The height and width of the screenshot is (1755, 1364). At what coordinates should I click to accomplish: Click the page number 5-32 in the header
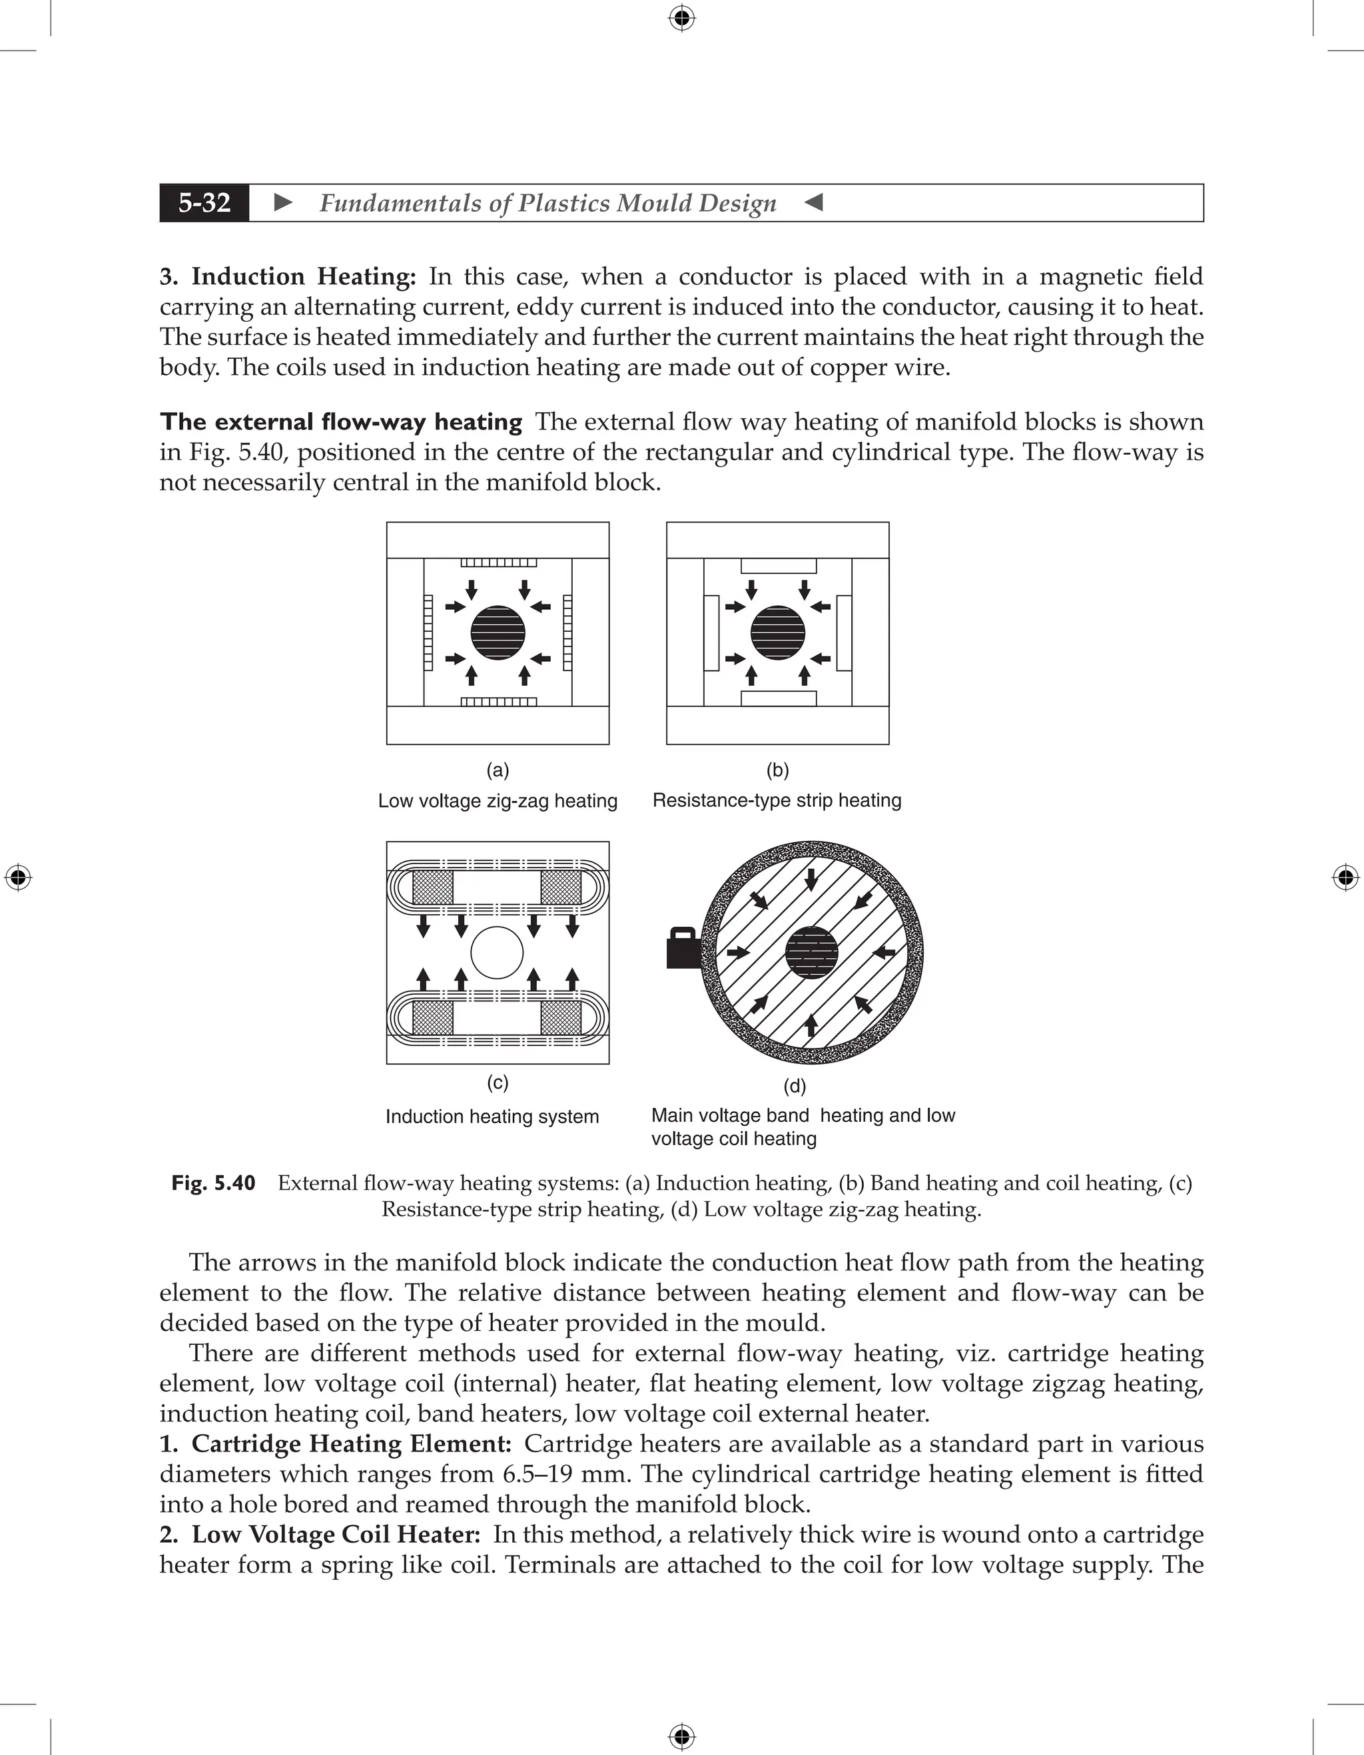204,202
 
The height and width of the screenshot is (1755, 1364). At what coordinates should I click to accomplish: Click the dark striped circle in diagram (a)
498,632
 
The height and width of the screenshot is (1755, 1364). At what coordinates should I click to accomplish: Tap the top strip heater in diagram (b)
778,565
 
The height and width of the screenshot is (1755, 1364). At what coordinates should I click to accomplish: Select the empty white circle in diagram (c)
497,952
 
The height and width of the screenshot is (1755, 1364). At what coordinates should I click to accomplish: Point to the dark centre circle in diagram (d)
811,952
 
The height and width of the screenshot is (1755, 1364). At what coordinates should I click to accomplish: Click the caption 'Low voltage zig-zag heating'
498,800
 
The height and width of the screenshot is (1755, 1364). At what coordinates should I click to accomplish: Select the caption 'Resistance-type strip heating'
777,800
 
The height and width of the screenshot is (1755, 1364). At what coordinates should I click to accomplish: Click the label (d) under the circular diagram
794,1087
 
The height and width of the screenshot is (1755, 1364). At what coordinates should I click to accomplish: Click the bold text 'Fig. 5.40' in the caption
213,1183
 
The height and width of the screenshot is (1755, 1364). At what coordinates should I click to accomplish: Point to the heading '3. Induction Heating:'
288,276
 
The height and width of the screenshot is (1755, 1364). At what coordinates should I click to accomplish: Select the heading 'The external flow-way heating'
341,422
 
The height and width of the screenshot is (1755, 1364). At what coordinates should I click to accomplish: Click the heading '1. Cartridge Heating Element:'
335,1443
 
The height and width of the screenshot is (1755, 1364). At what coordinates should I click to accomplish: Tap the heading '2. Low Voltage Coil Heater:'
320,1534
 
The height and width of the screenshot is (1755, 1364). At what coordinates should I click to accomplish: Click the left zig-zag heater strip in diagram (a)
428,632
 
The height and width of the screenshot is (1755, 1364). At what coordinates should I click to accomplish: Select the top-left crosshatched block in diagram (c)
432,887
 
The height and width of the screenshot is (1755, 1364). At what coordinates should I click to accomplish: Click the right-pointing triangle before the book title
283,202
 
